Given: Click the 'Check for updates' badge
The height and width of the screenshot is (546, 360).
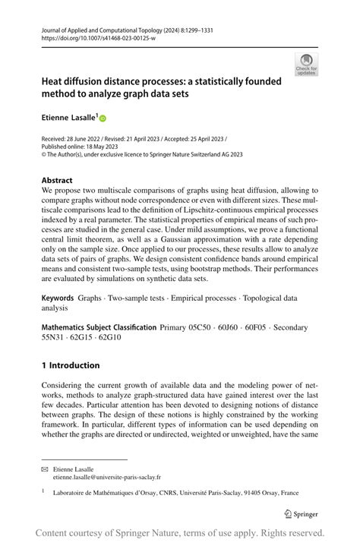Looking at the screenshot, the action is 306,64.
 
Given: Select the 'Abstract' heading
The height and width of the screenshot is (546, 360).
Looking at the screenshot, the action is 59,181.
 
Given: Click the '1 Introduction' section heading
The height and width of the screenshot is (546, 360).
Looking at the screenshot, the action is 71,365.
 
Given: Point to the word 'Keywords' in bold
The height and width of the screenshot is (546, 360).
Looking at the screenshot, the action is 58,300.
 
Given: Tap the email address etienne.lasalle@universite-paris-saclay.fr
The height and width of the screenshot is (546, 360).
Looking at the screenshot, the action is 106,478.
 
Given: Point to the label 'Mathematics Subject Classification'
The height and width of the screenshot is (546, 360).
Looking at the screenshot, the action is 99,327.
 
